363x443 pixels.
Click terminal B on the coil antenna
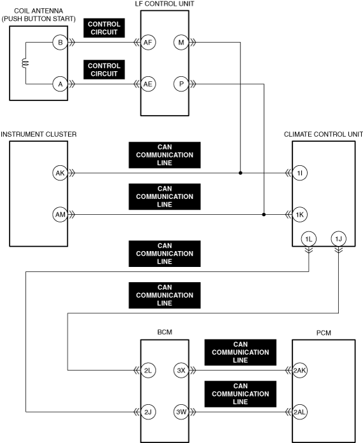point(60,43)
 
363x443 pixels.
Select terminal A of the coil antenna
point(60,84)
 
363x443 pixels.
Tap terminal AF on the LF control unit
point(148,43)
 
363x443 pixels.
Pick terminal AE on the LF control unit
point(148,84)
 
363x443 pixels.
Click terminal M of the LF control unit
point(181,43)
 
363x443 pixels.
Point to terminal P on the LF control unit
point(181,84)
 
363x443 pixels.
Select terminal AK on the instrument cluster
point(60,173)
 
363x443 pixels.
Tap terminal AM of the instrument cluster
point(60,215)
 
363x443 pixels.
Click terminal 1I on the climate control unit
point(299,173)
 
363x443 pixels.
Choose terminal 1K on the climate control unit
point(299,215)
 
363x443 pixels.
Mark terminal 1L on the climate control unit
point(309,239)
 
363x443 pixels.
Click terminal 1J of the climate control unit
point(338,239)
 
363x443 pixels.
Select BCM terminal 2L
point(148,370)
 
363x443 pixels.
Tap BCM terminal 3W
point(181,412)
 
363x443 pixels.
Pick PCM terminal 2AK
point(299,370)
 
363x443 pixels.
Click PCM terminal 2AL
point(299,412)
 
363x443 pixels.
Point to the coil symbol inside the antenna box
point(25,64)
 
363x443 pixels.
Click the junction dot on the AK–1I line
point(240,173)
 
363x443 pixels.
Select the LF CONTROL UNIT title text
point(165,4)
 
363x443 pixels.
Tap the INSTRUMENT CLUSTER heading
point(39,134)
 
